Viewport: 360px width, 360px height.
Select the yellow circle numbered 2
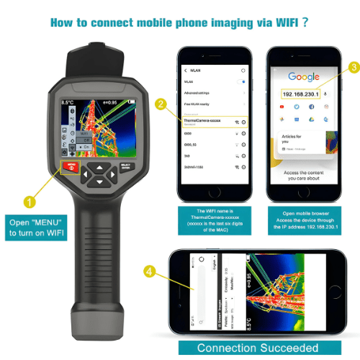(x=161, y=103)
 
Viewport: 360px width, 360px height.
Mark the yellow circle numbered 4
(x=148, y=271)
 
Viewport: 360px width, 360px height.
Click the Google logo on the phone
(x=304, y=76)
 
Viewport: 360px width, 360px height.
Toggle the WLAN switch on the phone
(x=243, y=83)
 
